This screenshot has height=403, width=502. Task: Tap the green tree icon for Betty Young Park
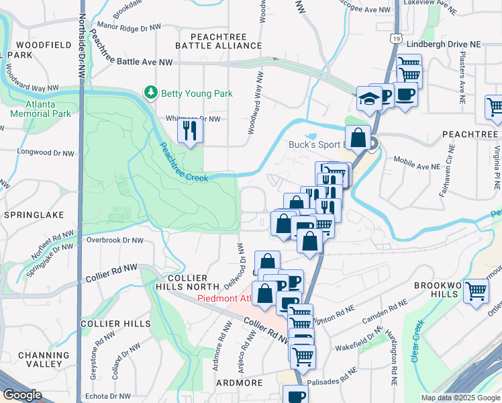click(152, 93)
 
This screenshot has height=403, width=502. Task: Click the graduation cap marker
click(369, 99)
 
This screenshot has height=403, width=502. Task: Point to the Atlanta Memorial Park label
click(40, 109)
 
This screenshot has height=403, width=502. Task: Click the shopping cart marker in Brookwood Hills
click(476, 291)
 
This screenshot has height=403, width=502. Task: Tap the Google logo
click(22, 395)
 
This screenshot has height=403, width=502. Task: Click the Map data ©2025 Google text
click(460, 398)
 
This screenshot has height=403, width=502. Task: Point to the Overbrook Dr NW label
click(115, 240)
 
